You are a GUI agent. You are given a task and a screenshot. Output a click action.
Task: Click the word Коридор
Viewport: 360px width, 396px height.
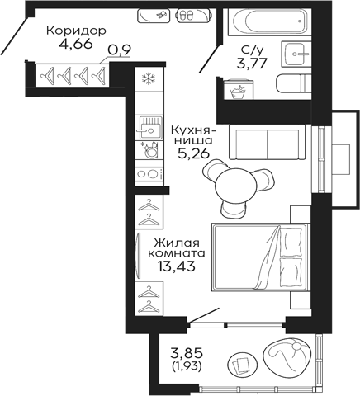76,31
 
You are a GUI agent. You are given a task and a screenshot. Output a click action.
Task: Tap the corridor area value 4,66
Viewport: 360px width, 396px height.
76,45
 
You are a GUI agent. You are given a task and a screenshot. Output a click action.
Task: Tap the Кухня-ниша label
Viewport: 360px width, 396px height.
193,137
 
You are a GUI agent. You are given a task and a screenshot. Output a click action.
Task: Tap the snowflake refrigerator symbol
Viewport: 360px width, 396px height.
149,79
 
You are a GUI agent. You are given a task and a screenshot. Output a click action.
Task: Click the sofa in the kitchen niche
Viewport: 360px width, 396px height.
267,143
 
